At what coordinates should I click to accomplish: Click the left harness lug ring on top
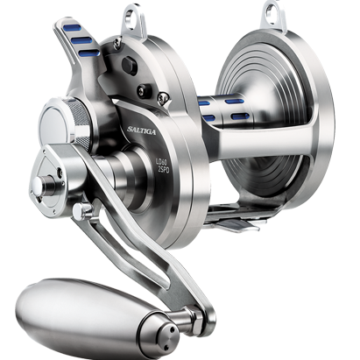157,14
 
